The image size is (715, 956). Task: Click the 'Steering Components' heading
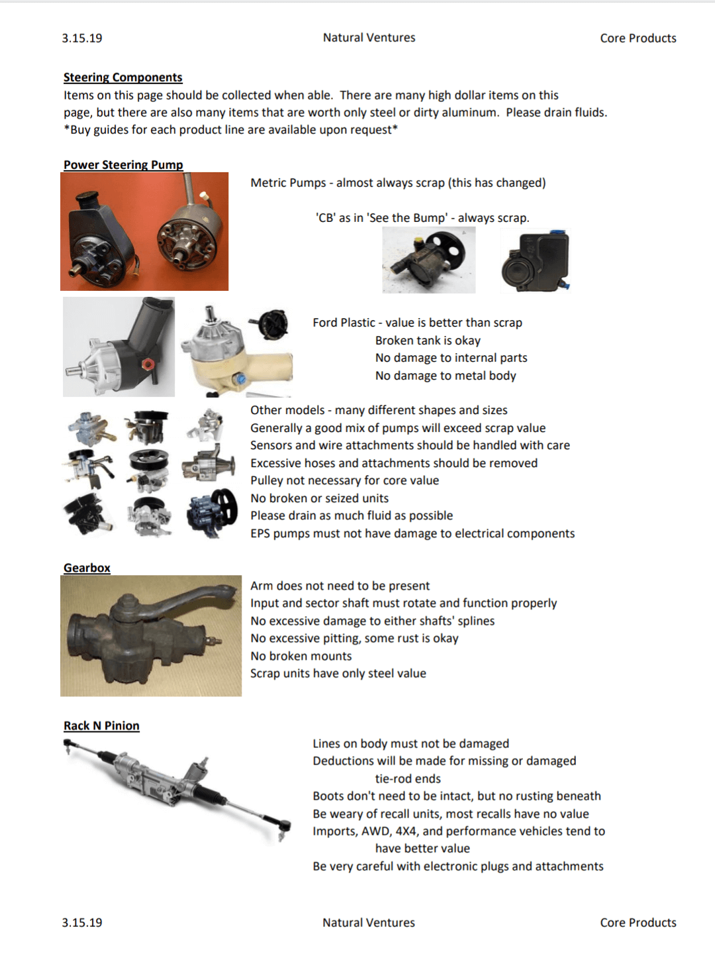pos(122,78)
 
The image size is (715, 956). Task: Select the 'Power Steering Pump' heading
pos(123,165)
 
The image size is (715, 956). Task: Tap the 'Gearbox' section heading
pos(87,568)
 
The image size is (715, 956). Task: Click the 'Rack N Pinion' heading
pos(101,725)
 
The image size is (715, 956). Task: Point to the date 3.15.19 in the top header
pos(82,38)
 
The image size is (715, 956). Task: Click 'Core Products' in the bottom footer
pos(638,922)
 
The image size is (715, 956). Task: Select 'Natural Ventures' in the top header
pos(369,38)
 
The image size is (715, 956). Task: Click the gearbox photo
pos(151,635)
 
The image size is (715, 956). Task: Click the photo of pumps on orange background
pos(144,231)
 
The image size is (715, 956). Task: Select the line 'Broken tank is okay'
pos(428,341)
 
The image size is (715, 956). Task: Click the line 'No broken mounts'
pos(301,656)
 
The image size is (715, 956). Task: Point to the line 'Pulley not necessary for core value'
pos(344,480)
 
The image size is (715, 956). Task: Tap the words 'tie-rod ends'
pos(408,778)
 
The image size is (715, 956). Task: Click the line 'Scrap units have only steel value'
pos(338,673)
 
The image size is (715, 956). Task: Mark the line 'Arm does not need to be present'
pos(340,586)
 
